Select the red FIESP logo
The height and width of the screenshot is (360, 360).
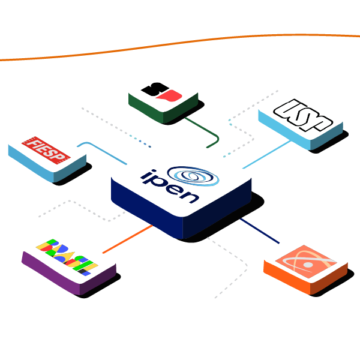click(x=46, y=151)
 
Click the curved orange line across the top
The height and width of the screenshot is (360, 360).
click(x=180, y=42)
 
